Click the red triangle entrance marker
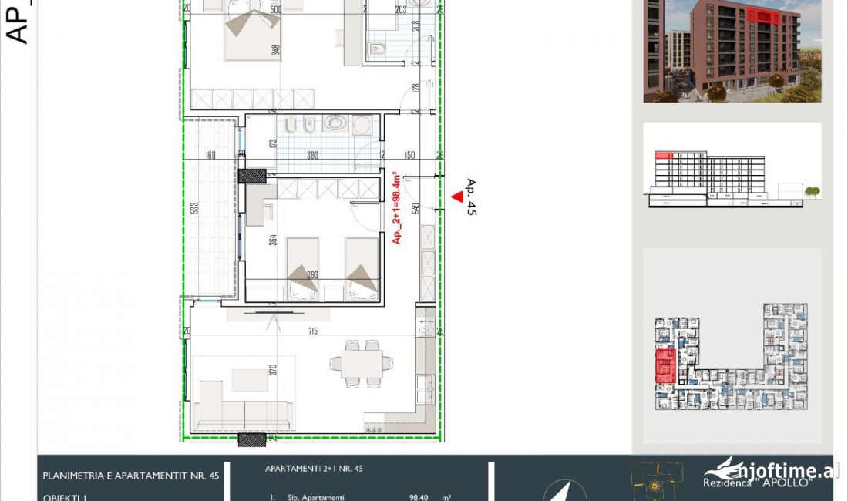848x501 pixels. point(456,197)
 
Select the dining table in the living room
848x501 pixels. point(361,362)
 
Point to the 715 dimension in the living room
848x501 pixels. point(311,331)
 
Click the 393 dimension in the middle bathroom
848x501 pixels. point(313,155)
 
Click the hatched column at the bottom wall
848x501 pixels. point(251,439)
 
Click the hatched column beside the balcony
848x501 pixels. point(251,175)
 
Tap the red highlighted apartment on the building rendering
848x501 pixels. point(762,15)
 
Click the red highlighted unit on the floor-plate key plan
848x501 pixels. point(665,365)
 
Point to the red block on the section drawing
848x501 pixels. point(664,156)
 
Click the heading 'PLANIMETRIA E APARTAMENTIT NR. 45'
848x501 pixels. point(131,476)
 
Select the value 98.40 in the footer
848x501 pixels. point(420,498)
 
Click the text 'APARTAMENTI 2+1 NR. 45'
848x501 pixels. point(314,468)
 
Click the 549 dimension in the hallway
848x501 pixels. point(415,208)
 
